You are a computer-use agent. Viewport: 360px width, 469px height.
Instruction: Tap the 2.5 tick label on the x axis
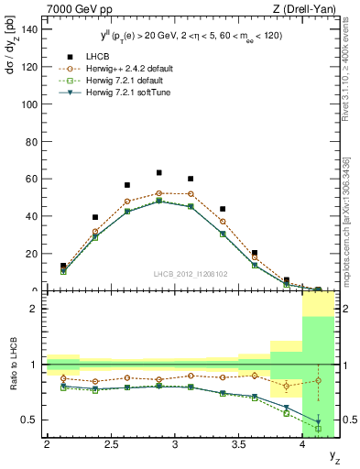[111, 445]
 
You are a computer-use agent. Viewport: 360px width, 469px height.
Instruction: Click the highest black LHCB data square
[158, 172]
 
